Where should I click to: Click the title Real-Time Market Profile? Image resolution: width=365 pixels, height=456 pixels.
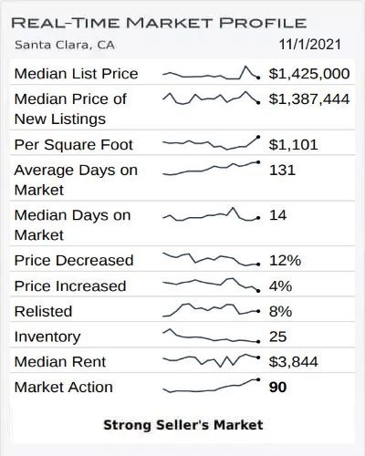point(160,22)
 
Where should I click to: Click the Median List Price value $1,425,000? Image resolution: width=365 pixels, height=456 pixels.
point(309,74)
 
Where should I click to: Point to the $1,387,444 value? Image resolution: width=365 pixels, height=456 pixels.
point(309,98)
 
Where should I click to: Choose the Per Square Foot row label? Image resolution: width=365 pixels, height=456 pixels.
point(74,145)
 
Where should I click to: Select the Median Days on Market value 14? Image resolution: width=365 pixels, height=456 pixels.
point(278,216)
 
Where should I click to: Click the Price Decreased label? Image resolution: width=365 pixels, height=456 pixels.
point(74,261)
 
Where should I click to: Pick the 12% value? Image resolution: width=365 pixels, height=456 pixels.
point(285,261)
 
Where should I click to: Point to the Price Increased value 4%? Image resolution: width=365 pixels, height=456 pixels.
point(280,286)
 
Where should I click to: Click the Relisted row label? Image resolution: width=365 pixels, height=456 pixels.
point(44,312)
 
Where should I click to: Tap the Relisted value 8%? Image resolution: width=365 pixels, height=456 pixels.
point(280,312)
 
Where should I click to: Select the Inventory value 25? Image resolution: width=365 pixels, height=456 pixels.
point(278,337)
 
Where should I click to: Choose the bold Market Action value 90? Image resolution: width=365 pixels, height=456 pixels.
point(279,388)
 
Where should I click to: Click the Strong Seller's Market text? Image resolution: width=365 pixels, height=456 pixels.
point(182,424)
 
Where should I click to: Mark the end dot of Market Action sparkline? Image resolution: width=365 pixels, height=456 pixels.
point(259,379)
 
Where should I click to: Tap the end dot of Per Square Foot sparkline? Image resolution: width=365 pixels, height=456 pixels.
point(259,137)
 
